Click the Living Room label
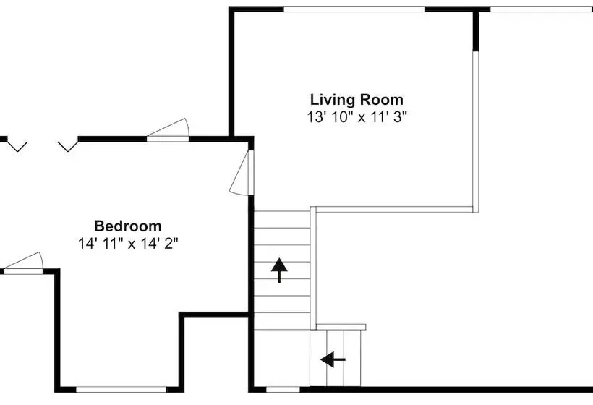[x=357, y=101]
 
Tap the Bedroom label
[x=128, y=226]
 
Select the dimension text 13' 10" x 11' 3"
[x=357, y=117]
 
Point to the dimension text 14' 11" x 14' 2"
[x=128, y=244]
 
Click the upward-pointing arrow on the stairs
[x=279, y=270]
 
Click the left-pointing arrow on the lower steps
[x=333, y=359]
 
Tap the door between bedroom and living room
[x=242, y=173]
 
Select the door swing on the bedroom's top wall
[x=168, y=129]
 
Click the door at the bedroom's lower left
[x=22, y=263]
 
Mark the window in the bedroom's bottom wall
[x=121, y=390]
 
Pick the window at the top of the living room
[x=354, y=9]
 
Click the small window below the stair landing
[x=283, y=390]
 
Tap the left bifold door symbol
[x=17, y=147]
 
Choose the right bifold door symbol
[x=68, y=147]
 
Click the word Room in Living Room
[x=381, y=101]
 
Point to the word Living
[x=333, y=101]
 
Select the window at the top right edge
[x=542, y=9]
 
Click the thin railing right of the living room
[x=476, y=132]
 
